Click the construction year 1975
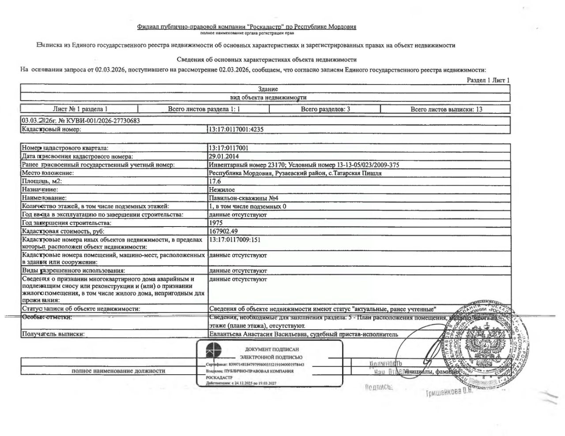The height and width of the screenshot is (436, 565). click(215, 223)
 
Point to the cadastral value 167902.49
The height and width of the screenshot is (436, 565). click(223, 231)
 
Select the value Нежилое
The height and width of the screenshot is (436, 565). click(222, 190)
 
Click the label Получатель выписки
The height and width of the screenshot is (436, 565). click(53, 334)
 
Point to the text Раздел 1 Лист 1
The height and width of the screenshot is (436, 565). click(488, 80)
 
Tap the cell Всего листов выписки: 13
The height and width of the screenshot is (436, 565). click(446, 109)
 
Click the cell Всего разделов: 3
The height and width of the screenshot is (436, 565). click(325, 109)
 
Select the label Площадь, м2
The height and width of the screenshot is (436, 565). click(42, 181)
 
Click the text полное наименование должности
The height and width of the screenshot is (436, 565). click(118, 371)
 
